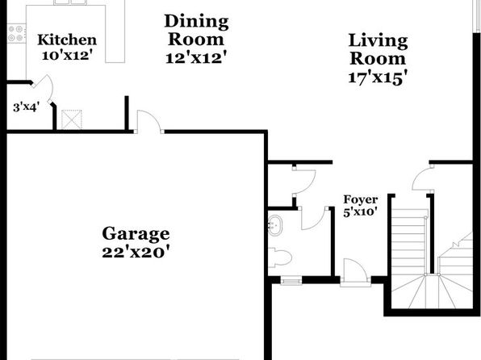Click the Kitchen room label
(x=67, y=40)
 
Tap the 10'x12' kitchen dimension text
(x=67, y=56)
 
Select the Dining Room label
(x=196, y=30)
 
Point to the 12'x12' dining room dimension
(x=196, y=57)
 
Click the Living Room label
(x=378, y=49)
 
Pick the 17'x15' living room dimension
(x=378, y=77)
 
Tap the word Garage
(x=136, y=234)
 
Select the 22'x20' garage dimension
(x=136, y=253)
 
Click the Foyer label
(x=361, y=200)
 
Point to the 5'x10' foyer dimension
(x=360, y=211)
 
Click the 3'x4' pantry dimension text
(x=26, y=107)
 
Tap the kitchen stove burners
(x=16, y=33)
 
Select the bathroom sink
(x=275, y=225)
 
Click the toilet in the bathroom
(x=279, y=257)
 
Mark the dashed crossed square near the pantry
(x=72, y=119)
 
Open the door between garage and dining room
(x=148, y=122)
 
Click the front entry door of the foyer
(x=355, y=270)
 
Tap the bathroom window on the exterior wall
(x=291, y=281)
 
